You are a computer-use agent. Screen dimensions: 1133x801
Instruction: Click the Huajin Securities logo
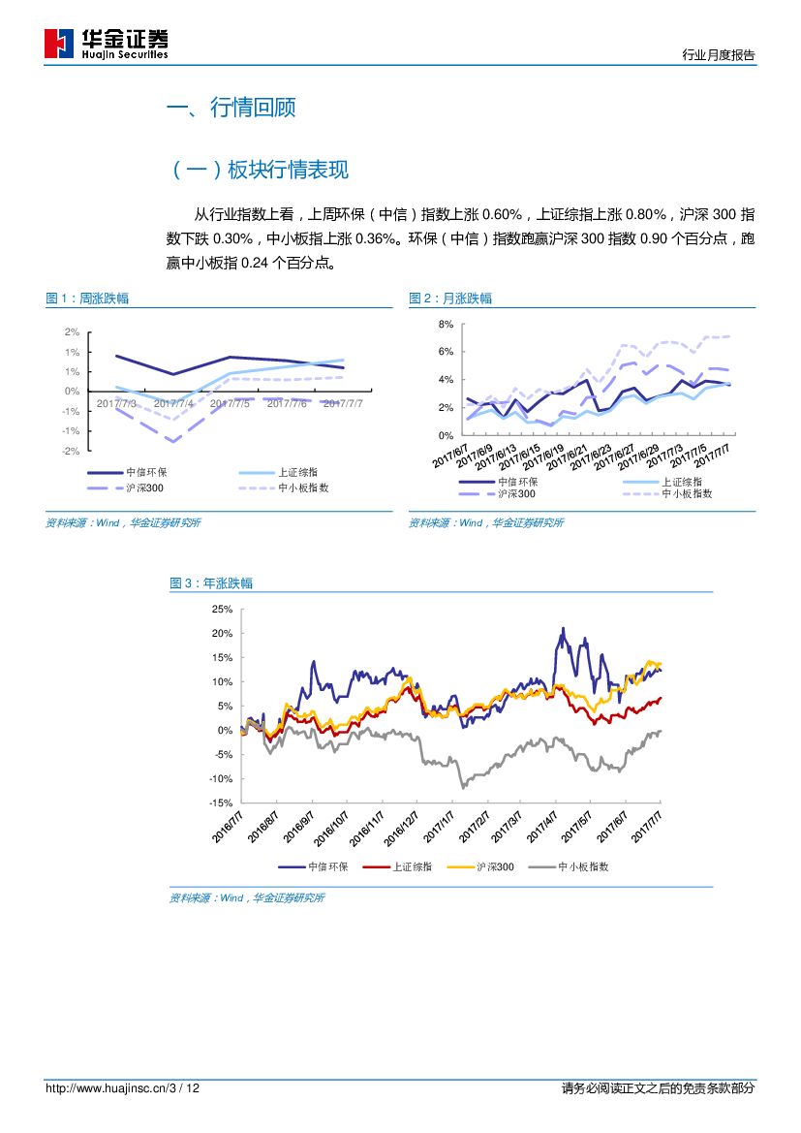point(107,44)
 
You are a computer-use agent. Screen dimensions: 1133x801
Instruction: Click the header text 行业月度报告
point(718,55)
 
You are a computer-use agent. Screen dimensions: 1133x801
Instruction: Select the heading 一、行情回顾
point(231,108)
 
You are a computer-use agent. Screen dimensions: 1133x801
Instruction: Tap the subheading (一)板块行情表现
point(259,171)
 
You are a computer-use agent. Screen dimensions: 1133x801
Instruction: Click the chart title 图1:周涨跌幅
point(87,299)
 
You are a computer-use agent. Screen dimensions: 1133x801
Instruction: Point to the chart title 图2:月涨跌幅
point(450,299)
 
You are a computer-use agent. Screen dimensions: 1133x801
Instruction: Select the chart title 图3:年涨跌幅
point(211,583)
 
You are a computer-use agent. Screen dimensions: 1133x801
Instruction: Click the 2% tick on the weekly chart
point(72,331)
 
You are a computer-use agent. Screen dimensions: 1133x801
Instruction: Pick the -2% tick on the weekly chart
point(71,452)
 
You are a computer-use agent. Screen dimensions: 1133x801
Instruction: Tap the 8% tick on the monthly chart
point(447,324)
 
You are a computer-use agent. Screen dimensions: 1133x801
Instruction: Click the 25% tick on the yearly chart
point(222,610)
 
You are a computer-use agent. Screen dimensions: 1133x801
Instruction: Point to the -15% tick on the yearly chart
point(220,803)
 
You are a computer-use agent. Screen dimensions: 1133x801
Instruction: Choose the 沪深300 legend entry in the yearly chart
point(495,866)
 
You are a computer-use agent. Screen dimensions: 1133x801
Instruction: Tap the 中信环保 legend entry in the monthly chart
point(518,482)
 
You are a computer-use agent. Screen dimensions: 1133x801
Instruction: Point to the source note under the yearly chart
point(247,898)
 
